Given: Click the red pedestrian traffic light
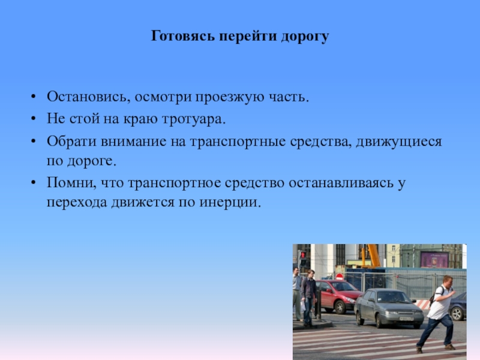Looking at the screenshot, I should pyautogui.click(x=303, y=255).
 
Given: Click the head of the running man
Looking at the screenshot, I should pyautogui.click(x=447, y=281).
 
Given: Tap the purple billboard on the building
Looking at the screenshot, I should pyautogui.click(x=434, y=259).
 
